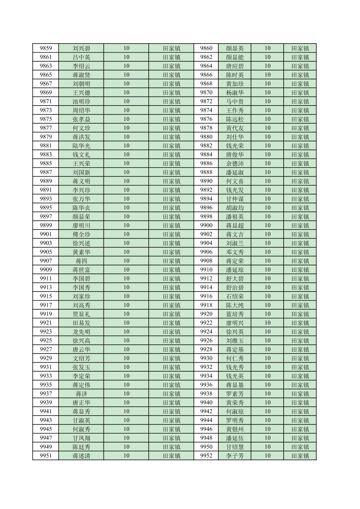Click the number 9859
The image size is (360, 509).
click(46, 48)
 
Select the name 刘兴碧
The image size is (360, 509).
click(81, 48)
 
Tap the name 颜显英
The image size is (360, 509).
click(235, 48)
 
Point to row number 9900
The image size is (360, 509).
click(206, 226)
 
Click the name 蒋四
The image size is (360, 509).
click(81, 261)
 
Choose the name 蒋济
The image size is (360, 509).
click(81, 394)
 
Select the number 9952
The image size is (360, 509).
click(206, 456)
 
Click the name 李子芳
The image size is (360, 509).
click(235, 456)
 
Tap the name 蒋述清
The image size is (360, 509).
click(81, 456)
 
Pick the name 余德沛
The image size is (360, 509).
click(235, 164)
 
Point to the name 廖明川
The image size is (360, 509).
click(81, 226)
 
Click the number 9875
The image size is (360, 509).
click(46, 119)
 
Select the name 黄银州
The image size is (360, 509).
click(235, 429)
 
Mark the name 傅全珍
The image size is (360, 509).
click(81, 234)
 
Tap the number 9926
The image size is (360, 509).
click(206, 340)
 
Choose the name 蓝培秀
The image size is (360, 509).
click(235, 314)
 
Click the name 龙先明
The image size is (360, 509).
click(81, 332)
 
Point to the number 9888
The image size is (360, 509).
click(206, 172)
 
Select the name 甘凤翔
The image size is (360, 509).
click(81, 438)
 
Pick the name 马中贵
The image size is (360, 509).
click(235, 102)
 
